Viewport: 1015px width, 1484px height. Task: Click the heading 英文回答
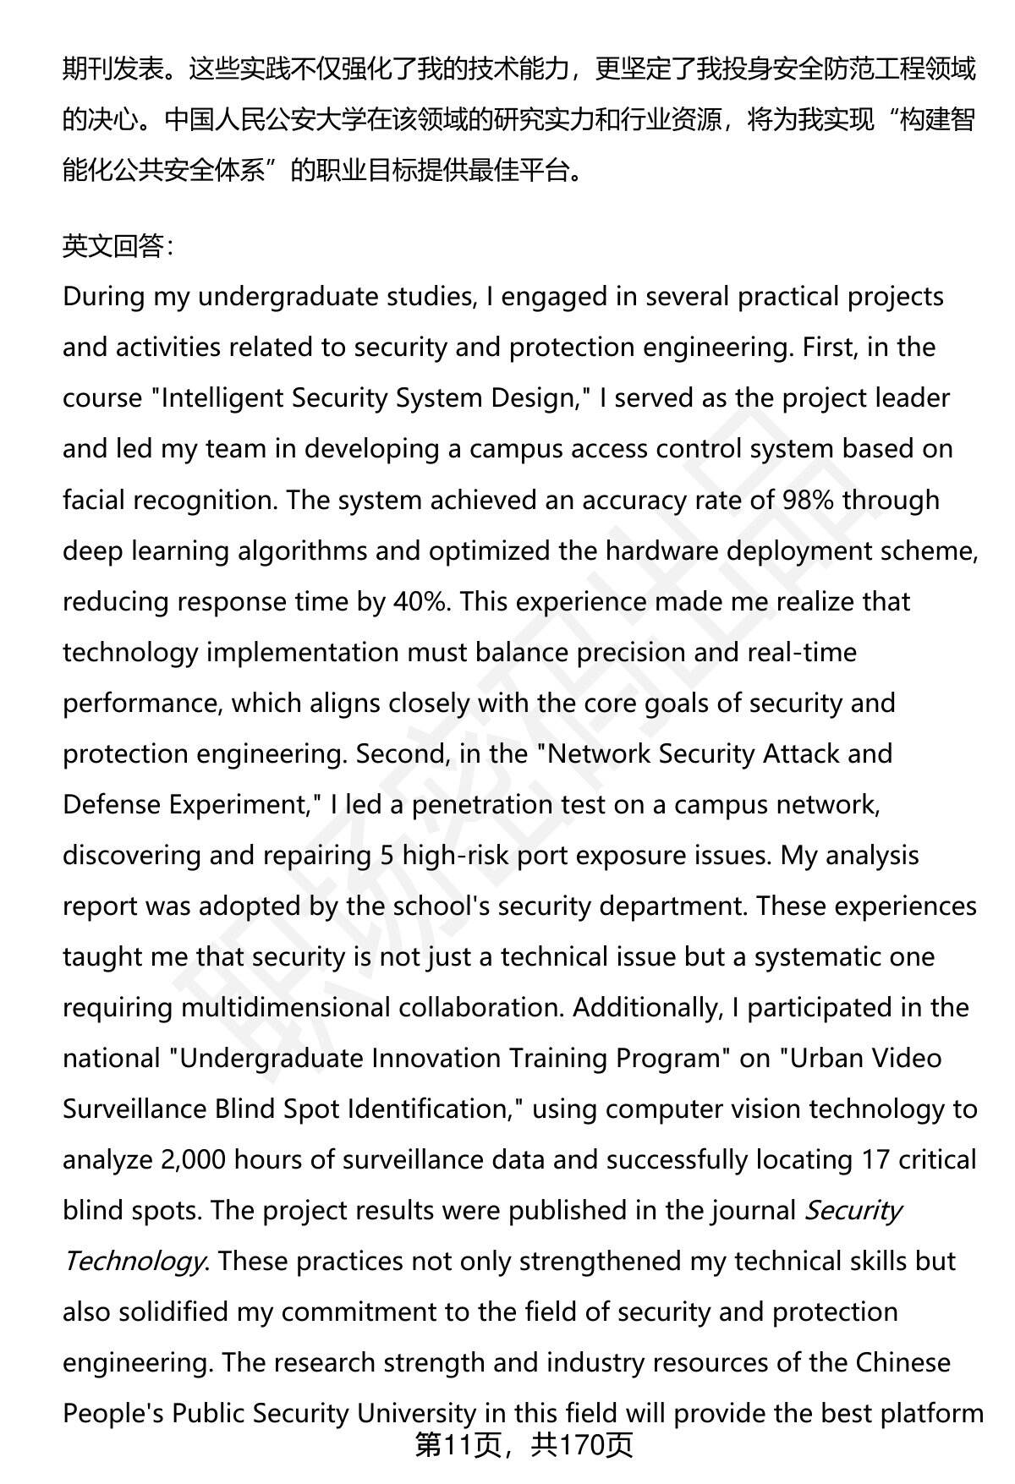[118, 246]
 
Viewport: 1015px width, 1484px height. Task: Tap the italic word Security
[853, 1210]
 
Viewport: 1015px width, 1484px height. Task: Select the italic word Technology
[133, 1261]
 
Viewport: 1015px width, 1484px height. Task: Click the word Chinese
[903, 1362]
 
